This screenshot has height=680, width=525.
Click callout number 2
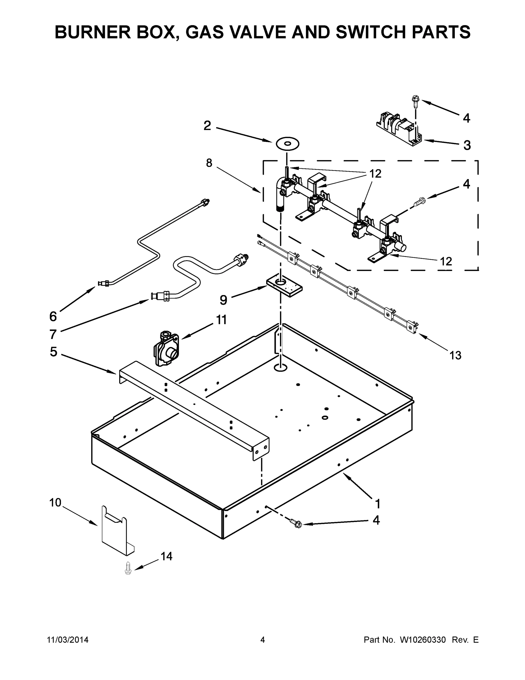[207, 126]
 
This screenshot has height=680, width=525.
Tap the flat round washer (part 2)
[287, 144]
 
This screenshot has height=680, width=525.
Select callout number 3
[467, 145]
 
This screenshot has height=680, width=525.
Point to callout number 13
[455, 355]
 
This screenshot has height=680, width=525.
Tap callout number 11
[221, 320]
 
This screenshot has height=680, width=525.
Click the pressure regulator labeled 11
[166, 348]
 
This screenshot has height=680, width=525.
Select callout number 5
[54, 352]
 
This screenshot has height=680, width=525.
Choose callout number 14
[166, 556]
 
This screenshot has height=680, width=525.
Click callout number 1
[378, 503]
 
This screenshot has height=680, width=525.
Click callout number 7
[53, 334]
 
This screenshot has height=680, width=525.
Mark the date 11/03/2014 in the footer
[68, 639]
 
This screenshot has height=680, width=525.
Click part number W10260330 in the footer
[423, 639]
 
